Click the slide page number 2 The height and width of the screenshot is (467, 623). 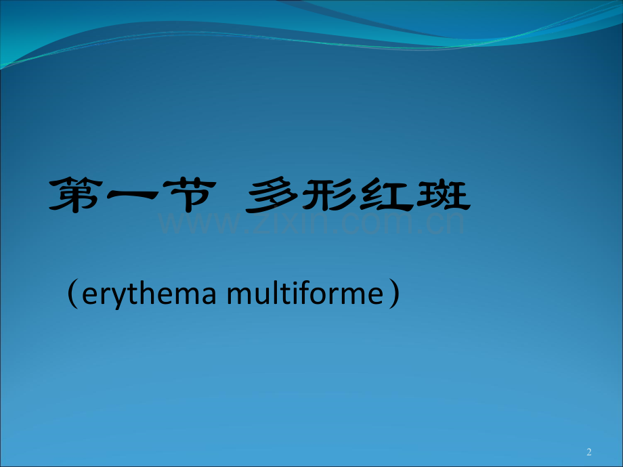coord(588,451)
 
